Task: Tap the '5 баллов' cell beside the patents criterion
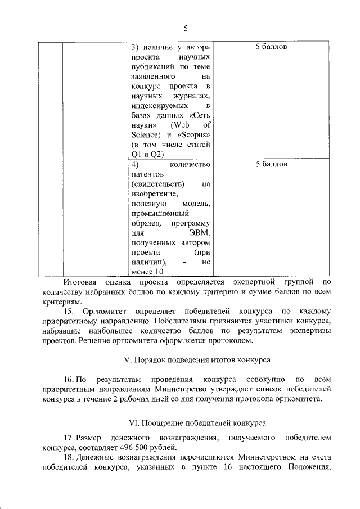(272, 165)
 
